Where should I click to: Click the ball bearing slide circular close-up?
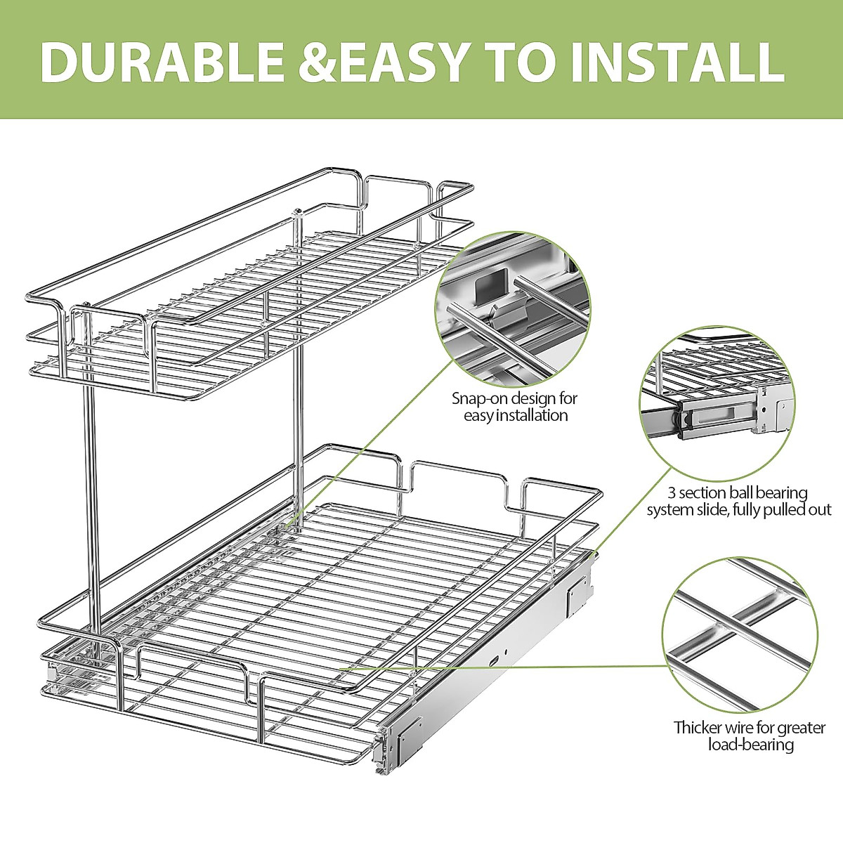tap(717, 407)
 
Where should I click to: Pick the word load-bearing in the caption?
tap(750, 744)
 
